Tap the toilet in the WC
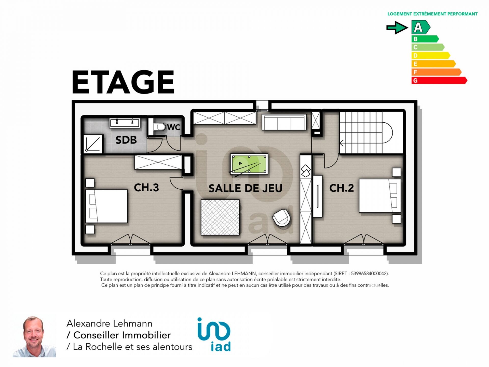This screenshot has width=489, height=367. point(160,127)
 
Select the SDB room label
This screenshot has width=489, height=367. point(126,140)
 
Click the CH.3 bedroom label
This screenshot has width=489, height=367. point(146,188)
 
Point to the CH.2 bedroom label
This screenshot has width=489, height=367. point(342,188)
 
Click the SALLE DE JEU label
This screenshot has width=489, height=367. point(246,188)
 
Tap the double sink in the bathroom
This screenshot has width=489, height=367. point(125,123)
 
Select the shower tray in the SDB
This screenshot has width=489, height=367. point(93,144)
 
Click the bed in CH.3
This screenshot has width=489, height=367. point(106,206)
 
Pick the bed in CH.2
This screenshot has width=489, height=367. point(380,196)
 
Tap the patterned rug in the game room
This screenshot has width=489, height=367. point(220,217)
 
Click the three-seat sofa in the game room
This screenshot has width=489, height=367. point(284,122)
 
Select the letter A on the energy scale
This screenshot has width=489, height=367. point(418,27)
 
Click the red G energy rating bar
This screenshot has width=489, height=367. point(439,81)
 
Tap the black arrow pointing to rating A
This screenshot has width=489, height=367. point(397,28)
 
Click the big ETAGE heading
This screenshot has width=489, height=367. point(123,82)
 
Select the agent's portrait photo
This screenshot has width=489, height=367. point(34,336)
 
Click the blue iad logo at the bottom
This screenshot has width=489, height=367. point(214,334)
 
